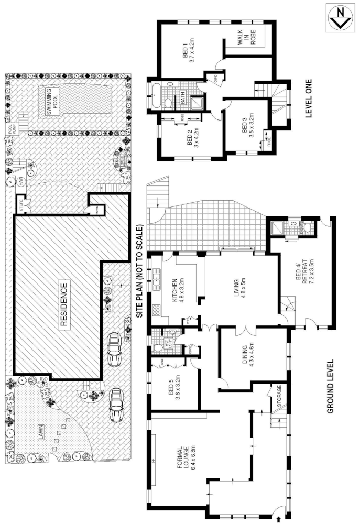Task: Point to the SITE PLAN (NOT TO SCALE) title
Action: tap(139, 272)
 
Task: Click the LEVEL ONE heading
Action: tap(309, 97)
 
